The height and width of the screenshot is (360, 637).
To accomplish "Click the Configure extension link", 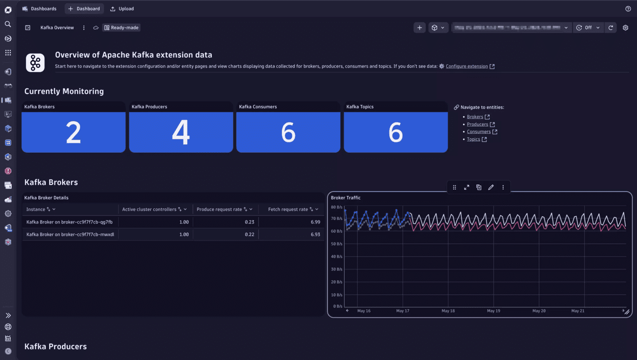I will pyautogui.click(x=467, y=66).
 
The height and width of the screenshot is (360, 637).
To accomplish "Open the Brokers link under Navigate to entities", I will pyautogui.click(x=475, y=117).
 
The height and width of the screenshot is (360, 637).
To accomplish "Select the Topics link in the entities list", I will pyautogui.click(x=474, y=139).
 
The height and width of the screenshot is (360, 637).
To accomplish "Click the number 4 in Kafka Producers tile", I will pyautogui.click(x=181, y=132).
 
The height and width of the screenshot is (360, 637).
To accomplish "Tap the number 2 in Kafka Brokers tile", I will pyautogui.click(x=73, y=132).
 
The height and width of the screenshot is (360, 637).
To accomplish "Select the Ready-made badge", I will pyautogui.click(x=121, y=28).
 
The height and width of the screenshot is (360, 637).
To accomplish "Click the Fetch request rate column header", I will pyautogui.click(x=288, y=209).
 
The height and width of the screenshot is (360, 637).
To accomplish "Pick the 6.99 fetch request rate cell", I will pyautogui.click(x=315, y=222).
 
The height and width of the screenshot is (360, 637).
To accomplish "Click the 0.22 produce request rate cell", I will pyautogui.click(x=250, y=234).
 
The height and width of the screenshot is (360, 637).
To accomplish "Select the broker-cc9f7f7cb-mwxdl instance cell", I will pyautogui.click(x=70, y=234).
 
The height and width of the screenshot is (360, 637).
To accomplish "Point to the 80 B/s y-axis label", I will pyautogui.click(x=336, y=207).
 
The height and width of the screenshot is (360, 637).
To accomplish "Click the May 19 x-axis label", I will pyautogui.click(x=494, y=311).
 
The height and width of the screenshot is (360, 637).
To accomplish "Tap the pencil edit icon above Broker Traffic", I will pyautogui.click(x=491, y=188).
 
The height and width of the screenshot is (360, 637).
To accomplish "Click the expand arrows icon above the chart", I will pyautogui.click(x=467, y=188).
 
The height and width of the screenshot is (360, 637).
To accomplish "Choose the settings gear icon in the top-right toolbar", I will pyautogui.click(x=626, y=28).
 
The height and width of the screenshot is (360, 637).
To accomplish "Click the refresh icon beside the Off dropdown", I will pyautogui.click(x=611, y=28).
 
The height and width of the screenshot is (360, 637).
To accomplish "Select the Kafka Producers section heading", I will pyautogui.click(x=56, y=346).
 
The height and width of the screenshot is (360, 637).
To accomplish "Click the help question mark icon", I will pyautogui.click(x=628, y=9).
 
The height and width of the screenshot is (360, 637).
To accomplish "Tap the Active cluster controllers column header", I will pyautogui.click(x=149, y=209).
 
